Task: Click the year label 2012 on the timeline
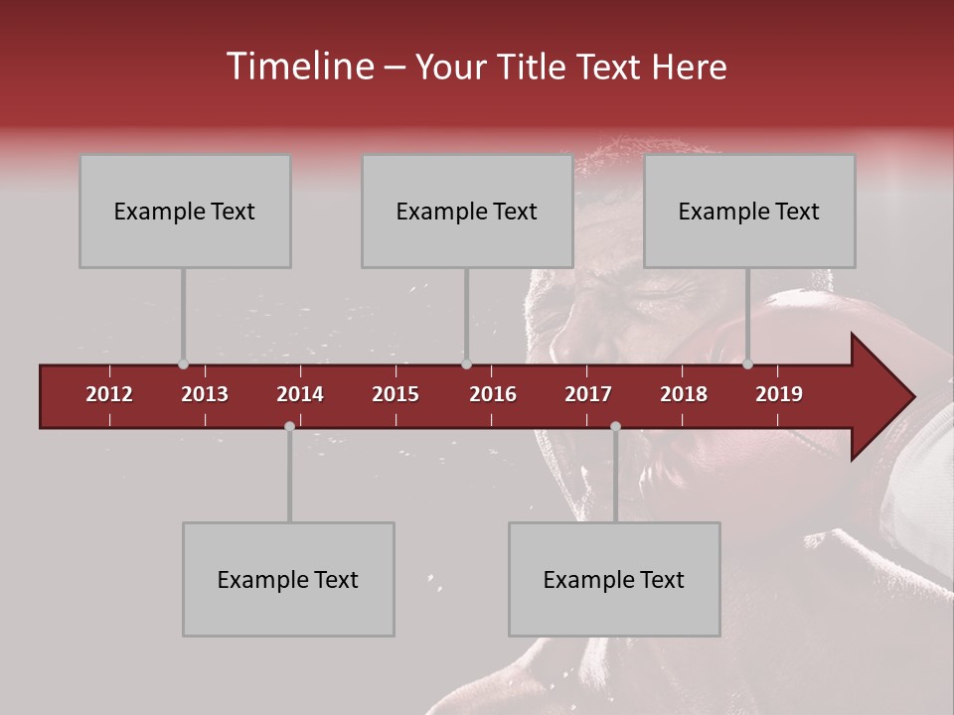109,394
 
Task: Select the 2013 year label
205,394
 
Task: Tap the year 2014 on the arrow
300,394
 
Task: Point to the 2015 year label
396,394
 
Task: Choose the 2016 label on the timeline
493,394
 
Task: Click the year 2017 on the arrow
588,394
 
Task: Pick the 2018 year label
684,394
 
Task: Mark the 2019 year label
779,394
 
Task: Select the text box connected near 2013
185,212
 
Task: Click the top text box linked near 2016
467,212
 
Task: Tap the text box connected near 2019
749,212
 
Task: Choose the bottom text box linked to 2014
288,580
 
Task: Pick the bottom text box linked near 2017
614,580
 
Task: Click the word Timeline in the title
298,67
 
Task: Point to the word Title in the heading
531,67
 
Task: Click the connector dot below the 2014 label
289,426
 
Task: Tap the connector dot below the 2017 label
615,426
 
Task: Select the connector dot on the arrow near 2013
183,364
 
